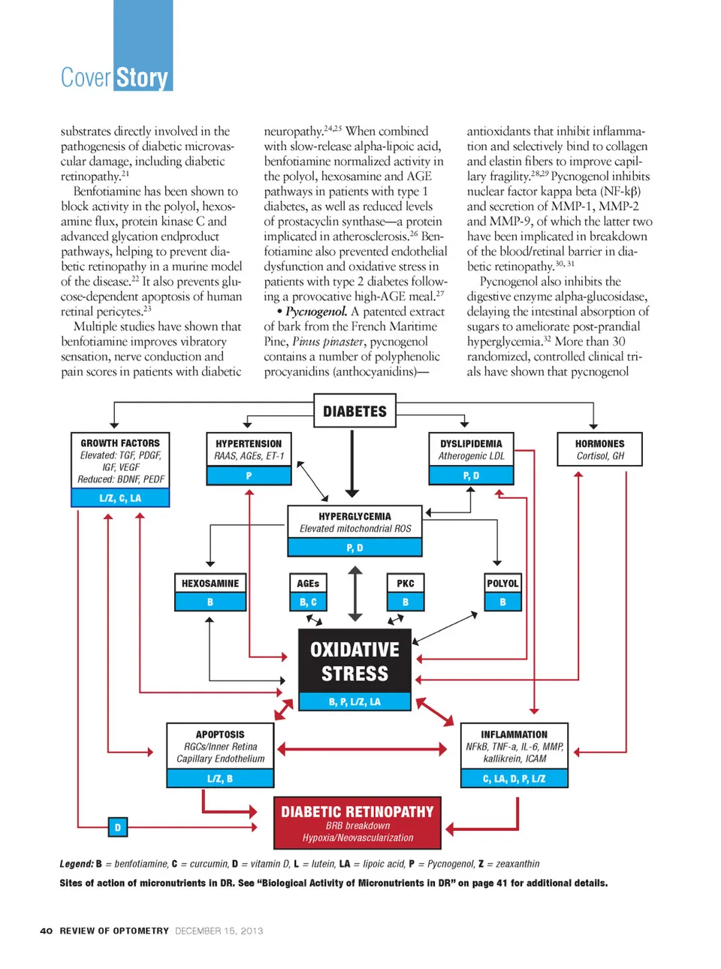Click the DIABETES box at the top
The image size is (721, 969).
[x=354, y=411]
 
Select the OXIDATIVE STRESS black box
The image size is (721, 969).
[x=354, y=661]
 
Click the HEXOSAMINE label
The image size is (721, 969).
[x=210, y=583]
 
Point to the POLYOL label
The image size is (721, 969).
[x=502, y=583]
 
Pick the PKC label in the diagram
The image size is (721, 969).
[x=406, y=583]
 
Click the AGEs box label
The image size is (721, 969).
[x=308, y=583]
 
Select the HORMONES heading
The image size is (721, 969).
[x=599, y=443]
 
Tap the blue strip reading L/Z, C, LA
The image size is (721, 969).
[x=120, y=498]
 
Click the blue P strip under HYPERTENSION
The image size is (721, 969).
[x=249, y=475]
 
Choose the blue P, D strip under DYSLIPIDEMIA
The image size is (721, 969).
[x=471, y=475]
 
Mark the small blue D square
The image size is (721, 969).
[x=117, y=827]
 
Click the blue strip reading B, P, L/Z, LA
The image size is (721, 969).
[x=354, y=702]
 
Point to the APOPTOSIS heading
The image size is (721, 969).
[x=220, y=734]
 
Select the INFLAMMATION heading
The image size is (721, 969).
[x=514, y=734]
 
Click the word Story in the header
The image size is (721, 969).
[x=142, y=77]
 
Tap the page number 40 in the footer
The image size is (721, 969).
[x=47, y=931]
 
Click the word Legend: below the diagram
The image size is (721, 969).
[x=77, y=864]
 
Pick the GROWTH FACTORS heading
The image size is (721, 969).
[x=120, y=443]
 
